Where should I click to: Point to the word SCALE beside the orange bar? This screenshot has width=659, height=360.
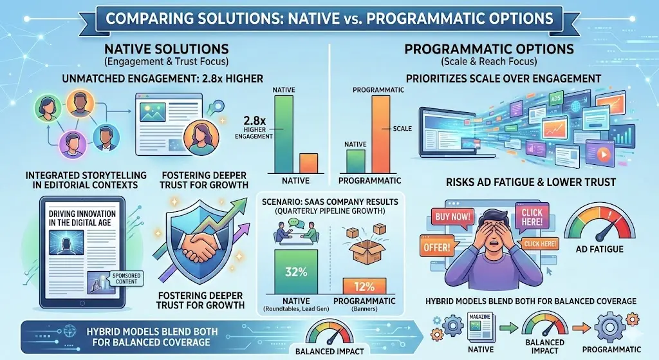pos(402,129)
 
